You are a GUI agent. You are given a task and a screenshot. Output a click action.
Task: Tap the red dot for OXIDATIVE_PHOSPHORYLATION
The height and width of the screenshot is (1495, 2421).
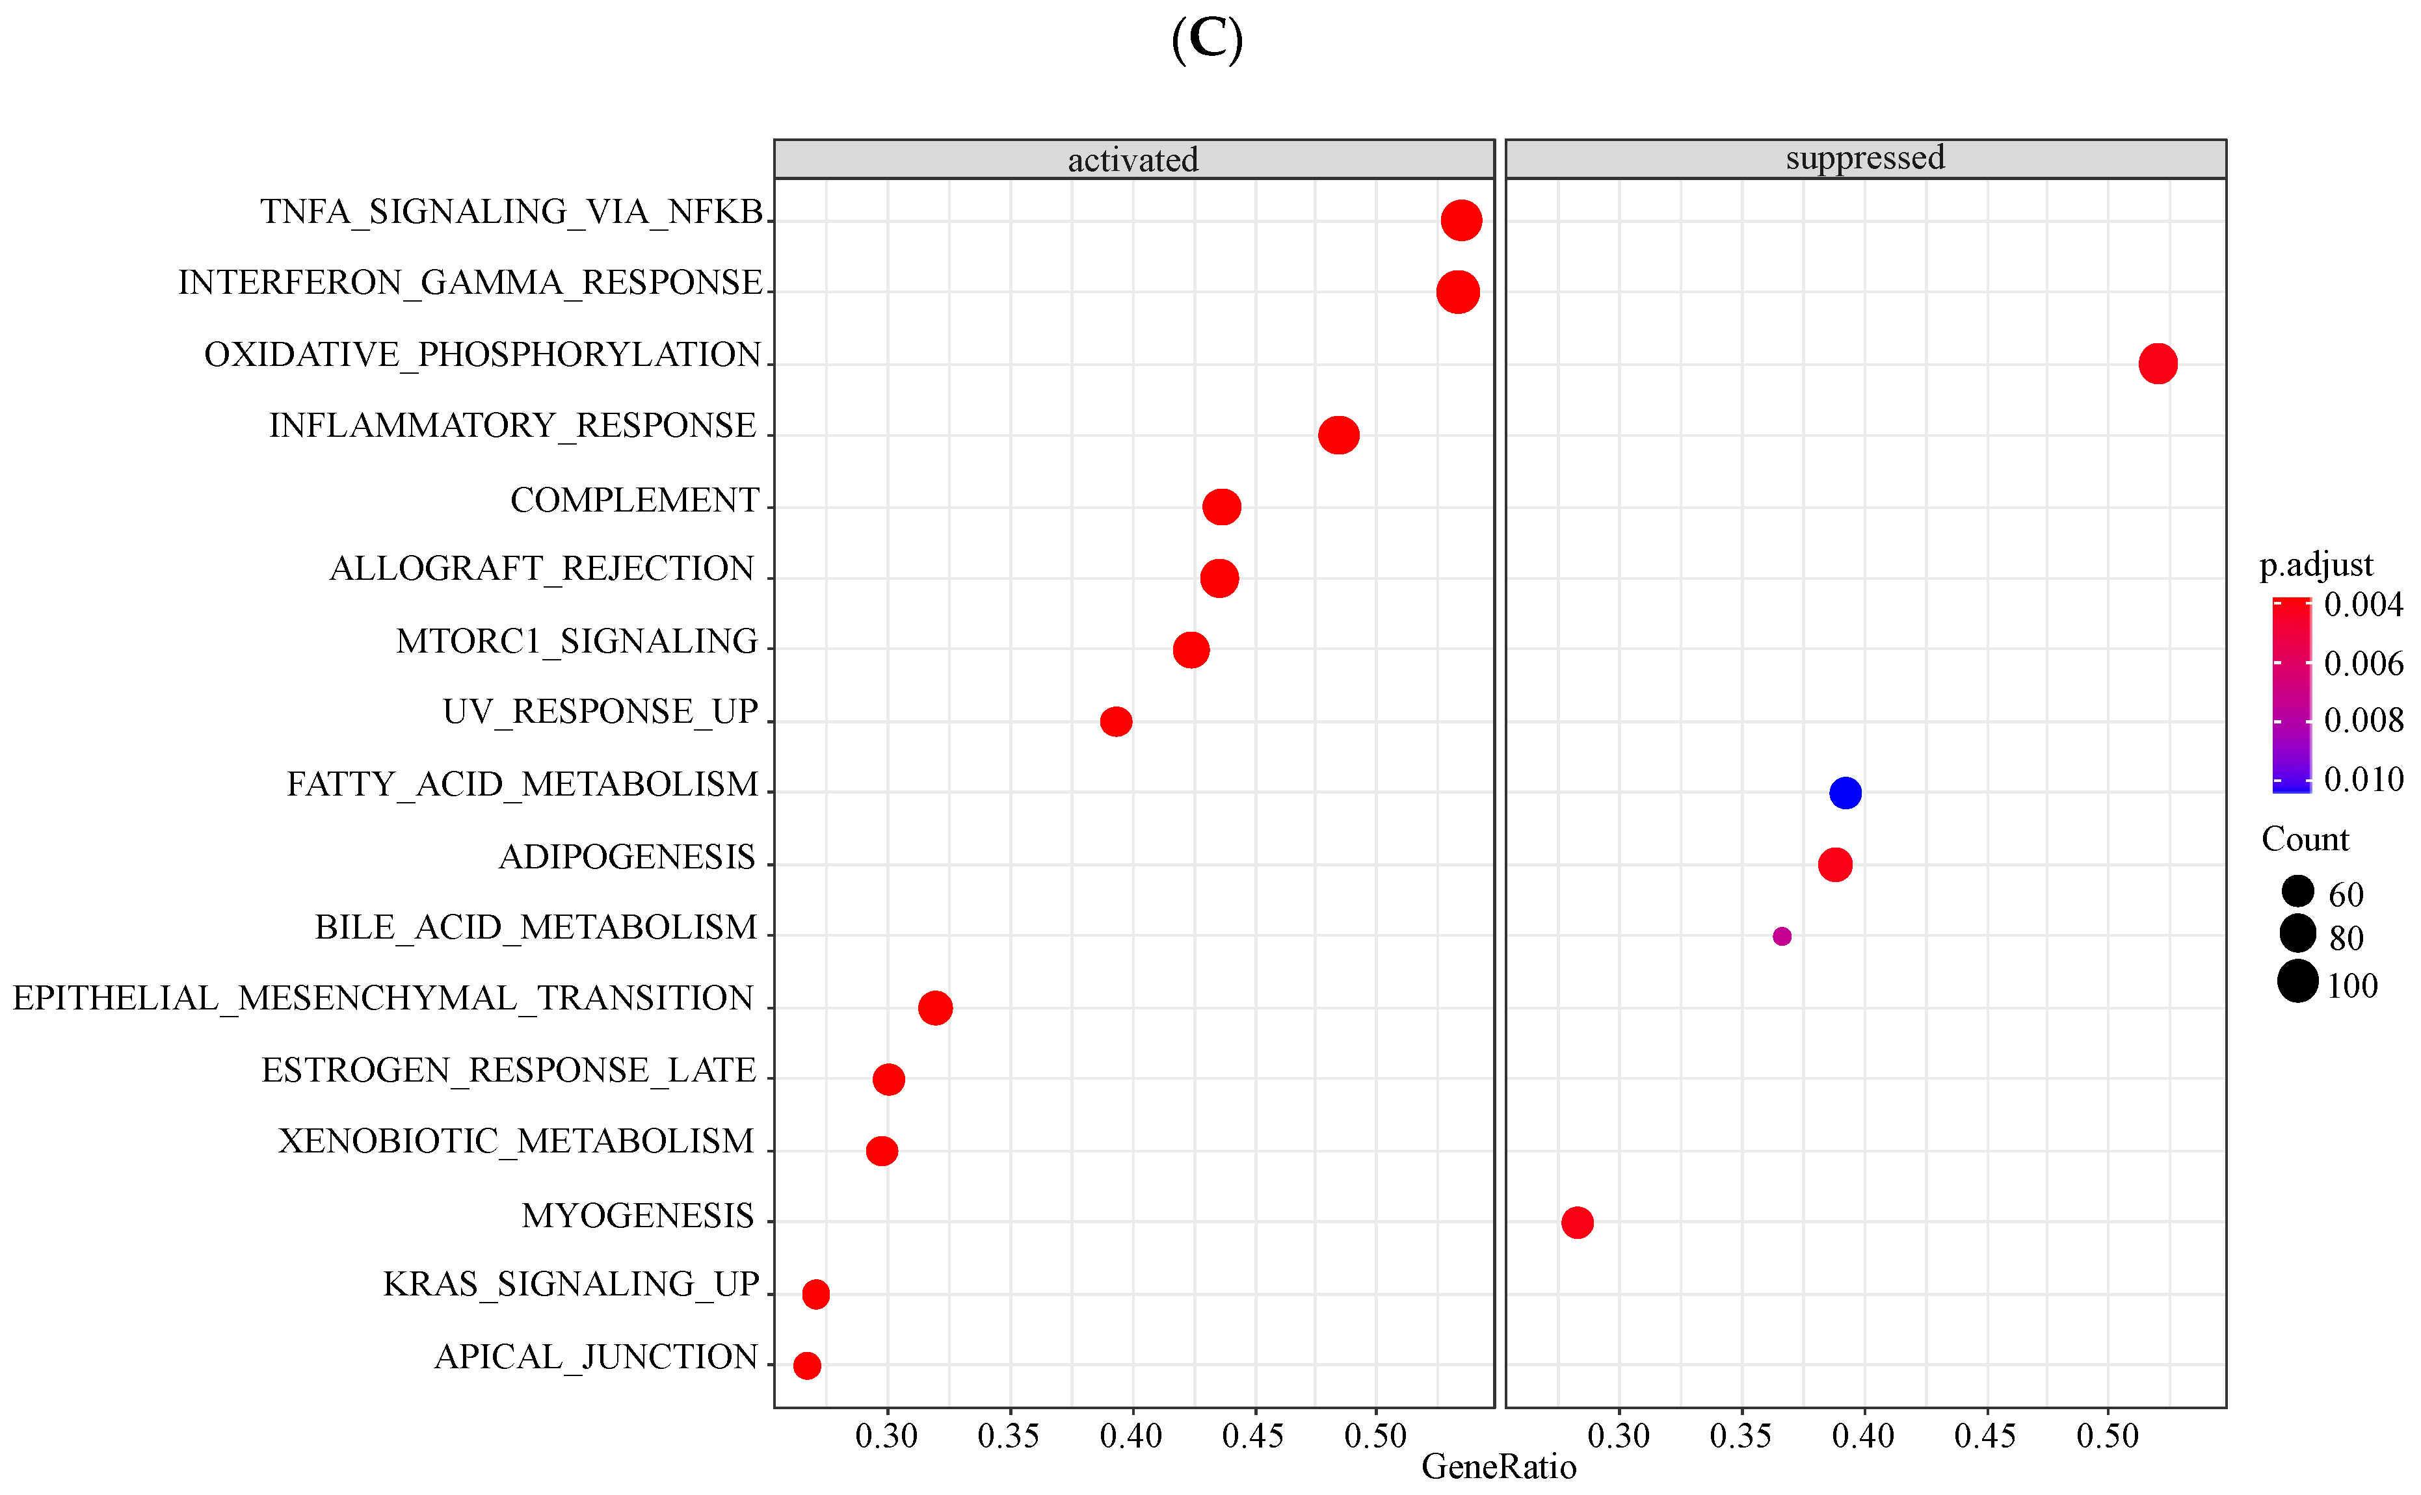[x=2157, y=364]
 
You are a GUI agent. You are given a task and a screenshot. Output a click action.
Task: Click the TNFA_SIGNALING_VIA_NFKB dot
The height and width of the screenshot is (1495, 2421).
[x=1461, y=220]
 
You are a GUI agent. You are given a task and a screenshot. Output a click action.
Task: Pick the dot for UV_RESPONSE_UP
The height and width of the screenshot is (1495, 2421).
[x=1116, y=721]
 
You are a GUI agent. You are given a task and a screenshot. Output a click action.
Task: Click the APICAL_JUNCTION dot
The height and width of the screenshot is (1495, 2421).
[x=807, y=1366]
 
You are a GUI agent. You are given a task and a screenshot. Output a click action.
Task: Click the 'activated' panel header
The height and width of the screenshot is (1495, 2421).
[x=1133, y=159]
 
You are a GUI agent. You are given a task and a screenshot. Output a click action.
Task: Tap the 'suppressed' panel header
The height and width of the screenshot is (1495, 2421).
[x=1864, y=158]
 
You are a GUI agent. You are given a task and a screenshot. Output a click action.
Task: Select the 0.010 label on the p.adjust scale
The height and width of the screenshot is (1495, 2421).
[x=2362, y=780]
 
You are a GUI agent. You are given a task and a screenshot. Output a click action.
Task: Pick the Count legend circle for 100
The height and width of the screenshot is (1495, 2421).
[x=2297, y=982]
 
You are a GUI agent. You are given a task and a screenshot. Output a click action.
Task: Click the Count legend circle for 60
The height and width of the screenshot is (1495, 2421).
[x=2297, y=891]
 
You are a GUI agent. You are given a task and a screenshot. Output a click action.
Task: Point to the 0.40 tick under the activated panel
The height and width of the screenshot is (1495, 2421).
[x=1131, y=1436]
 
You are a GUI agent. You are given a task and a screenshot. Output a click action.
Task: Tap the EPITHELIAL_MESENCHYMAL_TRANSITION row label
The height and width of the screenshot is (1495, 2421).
[x=383, y=998]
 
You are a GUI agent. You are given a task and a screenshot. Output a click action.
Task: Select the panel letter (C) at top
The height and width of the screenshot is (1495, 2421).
[x=1206, y=40]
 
